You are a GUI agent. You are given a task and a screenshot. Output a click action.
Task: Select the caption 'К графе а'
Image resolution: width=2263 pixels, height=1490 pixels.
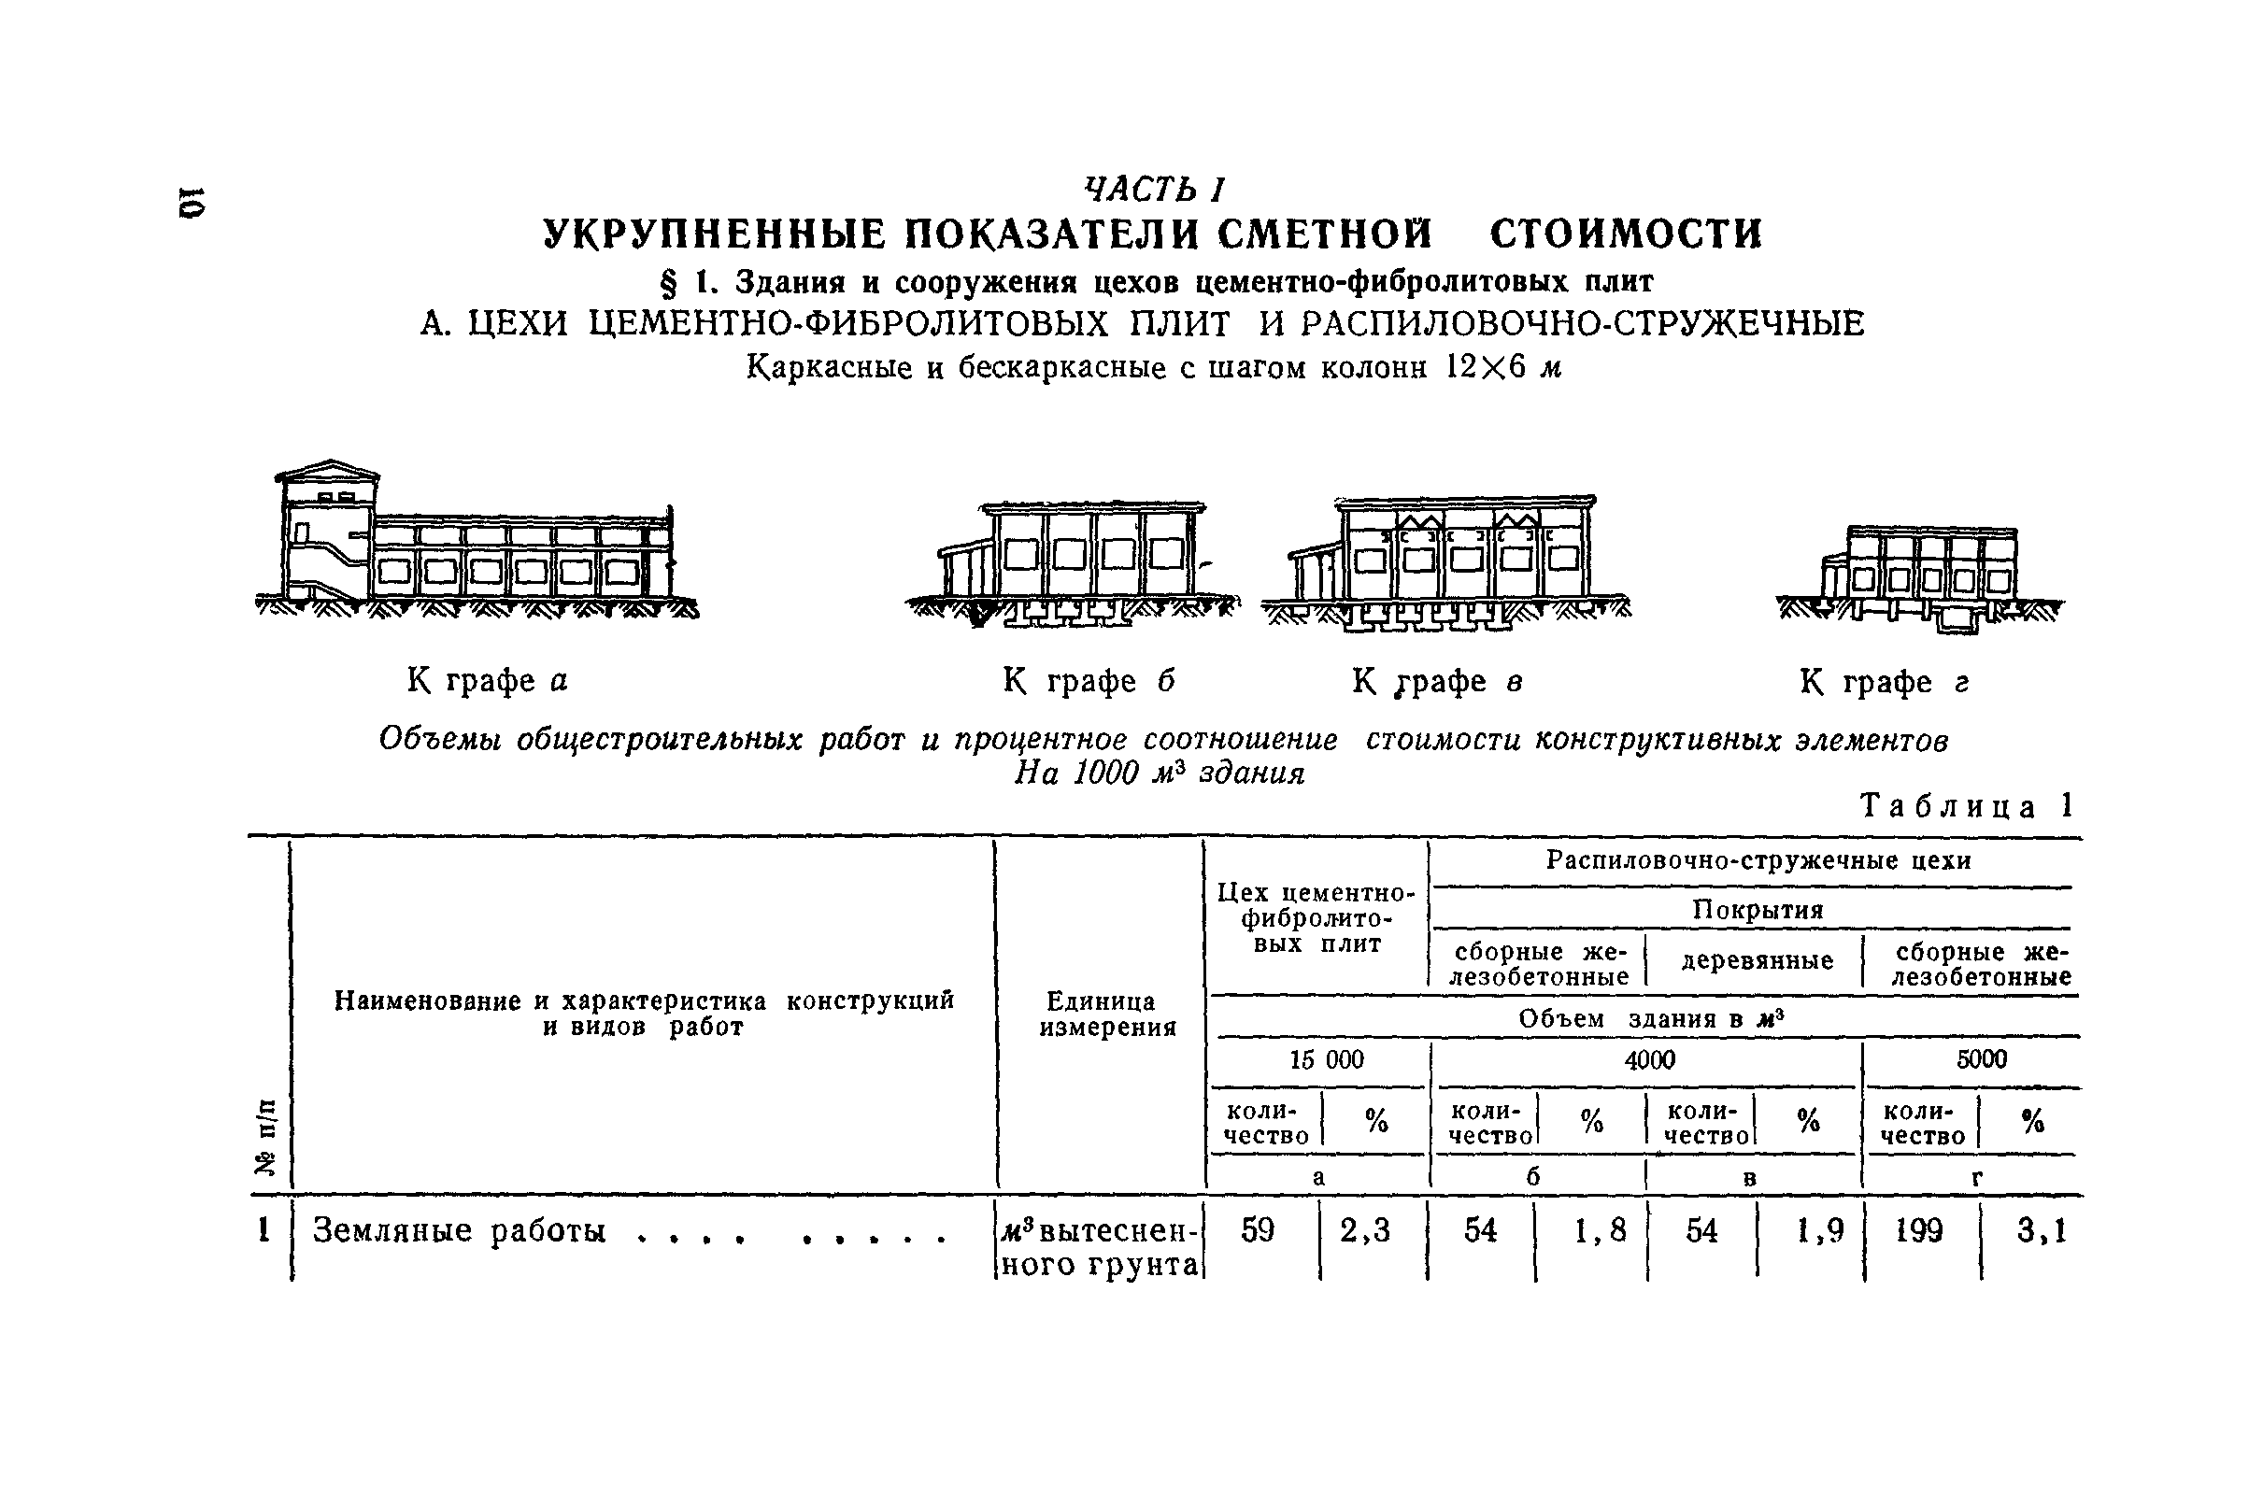(487, 681)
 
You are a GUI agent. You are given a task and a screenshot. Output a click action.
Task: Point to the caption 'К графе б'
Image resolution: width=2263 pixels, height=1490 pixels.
(1089, 681)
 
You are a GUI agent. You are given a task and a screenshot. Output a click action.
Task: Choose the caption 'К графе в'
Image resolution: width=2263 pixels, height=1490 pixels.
(1437, 681)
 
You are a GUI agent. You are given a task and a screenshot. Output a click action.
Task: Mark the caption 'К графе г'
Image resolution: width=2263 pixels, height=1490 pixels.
(1885, 682)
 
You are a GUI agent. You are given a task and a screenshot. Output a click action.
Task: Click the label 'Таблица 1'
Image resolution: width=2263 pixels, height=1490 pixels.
(1965, 806)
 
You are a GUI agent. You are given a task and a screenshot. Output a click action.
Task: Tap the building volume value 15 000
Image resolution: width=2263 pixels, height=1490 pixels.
(1327, 1059)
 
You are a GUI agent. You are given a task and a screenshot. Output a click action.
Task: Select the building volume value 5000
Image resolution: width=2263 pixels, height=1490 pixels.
(1982, 1059)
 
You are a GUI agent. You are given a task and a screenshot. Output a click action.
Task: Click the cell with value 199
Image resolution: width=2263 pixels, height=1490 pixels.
(1919, 1230)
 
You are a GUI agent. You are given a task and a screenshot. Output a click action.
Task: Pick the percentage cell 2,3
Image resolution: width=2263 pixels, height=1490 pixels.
(1365, 1230)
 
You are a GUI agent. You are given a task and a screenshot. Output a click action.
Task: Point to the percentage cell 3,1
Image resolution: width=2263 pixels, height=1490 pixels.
(2042, 1231)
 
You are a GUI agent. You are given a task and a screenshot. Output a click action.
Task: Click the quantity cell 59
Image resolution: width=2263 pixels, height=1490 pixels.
(1257, 1230)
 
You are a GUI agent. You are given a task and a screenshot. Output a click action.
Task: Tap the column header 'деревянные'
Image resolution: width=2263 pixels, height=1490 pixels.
(1758, 961)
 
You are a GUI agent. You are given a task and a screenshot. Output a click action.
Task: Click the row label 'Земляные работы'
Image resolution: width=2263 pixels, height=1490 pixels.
(460, 1231)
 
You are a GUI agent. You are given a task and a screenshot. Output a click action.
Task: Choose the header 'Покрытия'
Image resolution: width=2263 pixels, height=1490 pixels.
(1758, 910)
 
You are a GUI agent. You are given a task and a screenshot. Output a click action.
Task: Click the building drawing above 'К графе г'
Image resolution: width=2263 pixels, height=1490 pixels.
(1921, 579)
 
